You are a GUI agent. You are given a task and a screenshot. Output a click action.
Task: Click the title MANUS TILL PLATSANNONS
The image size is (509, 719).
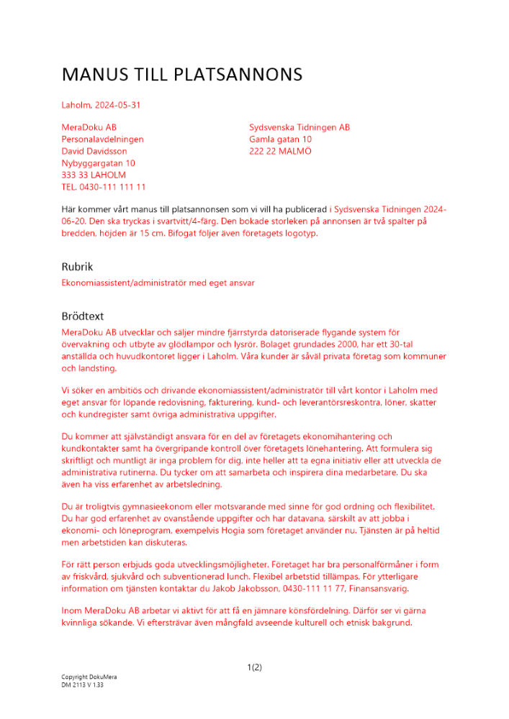(181, 75)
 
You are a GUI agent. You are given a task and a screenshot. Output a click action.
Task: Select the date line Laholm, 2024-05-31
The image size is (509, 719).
(101, 105)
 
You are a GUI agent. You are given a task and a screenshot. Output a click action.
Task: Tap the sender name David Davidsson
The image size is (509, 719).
(94, 151)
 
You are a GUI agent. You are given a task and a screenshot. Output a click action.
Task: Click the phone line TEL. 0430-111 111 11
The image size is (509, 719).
(104, 187)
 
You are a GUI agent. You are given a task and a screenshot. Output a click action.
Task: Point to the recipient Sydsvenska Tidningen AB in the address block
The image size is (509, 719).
(299, 127)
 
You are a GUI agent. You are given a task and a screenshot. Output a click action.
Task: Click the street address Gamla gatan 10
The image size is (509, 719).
(280, 139)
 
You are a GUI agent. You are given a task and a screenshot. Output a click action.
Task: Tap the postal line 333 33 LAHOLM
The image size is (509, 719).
(94, 175)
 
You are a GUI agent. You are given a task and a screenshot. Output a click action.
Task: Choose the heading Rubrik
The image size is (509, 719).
(77, 267)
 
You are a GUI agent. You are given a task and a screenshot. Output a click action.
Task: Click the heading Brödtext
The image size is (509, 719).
(83, 316)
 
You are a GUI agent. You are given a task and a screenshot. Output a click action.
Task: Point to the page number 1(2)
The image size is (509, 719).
(254, 667)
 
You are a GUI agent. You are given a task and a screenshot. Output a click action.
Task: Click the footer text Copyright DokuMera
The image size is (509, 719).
(89, 677)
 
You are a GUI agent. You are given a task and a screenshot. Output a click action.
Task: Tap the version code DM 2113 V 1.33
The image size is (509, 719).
(83, 685)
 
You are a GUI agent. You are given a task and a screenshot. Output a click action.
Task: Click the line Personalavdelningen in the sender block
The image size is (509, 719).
(102, 139)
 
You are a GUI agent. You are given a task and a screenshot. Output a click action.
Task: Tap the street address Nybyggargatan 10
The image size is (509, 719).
(98, 163)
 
